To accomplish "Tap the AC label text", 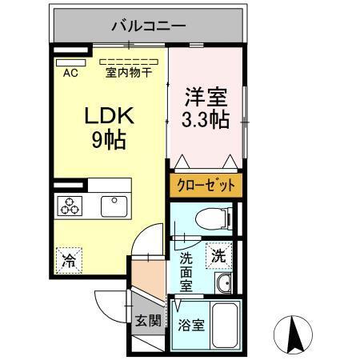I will coord(70,74).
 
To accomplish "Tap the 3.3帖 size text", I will coord(205,120).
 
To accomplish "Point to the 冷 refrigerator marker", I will coord(70,259).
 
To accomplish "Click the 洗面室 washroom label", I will coord(186,272).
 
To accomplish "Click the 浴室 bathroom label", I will coord(189,326).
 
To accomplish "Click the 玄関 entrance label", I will coord(147,322).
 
